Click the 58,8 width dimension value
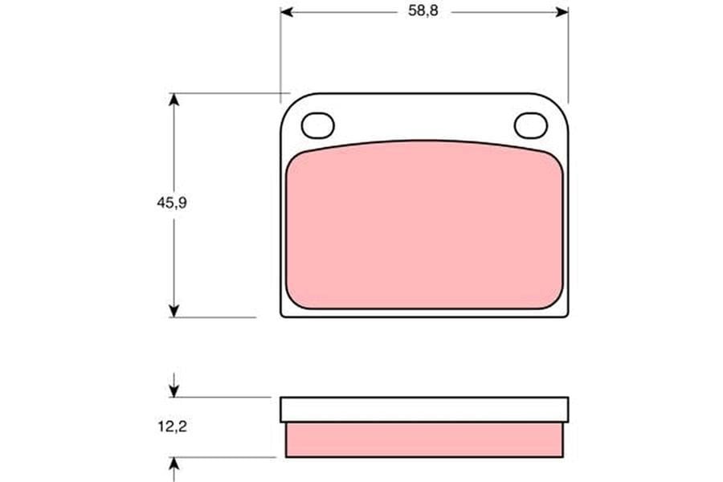click(x=423, y=10)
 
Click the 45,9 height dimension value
click(x=172, y=202)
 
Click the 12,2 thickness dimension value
click(x=173, y=427)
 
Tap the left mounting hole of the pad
click(x=317, y=125)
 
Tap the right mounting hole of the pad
click(x=531, y=125)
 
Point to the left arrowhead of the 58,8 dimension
click(x=287, y=12)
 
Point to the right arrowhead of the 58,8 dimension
click(x=562, y=12)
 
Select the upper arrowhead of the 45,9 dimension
click(x=174, y=100)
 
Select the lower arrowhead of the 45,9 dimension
click(x=174, y=311)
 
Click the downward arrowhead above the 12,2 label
click(x=174, y=391)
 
